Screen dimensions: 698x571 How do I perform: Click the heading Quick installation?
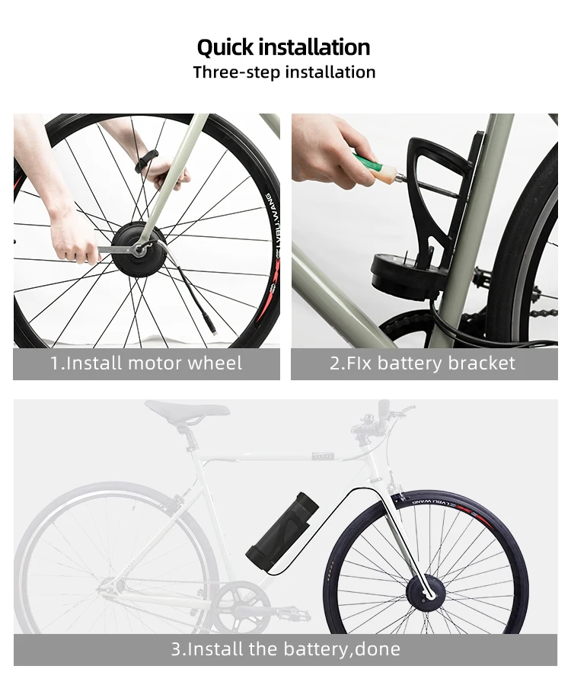coord(283,47)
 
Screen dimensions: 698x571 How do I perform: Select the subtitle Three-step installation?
coord(284,72)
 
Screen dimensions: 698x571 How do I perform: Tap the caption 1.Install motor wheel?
coord(146,363)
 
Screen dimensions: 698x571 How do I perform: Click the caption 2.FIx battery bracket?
coord(423,363)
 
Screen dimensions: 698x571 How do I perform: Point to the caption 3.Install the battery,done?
coord(285,649)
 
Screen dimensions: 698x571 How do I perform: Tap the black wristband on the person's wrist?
coord(146,161)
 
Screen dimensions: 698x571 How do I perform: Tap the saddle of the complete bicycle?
coord(187,410)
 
